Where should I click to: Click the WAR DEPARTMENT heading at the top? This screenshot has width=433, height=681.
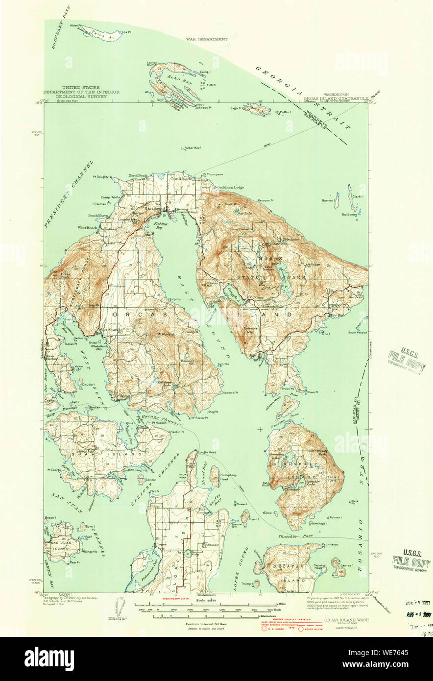click(207, 39)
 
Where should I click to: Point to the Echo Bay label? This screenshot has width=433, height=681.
click(175, 78)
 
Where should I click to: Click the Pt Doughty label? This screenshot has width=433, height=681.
click(100, 177)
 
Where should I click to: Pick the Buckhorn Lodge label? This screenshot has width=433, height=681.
click(231, 187)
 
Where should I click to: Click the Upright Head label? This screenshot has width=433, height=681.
click(206, 451)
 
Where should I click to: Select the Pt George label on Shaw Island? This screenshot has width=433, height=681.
click(53, 470)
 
